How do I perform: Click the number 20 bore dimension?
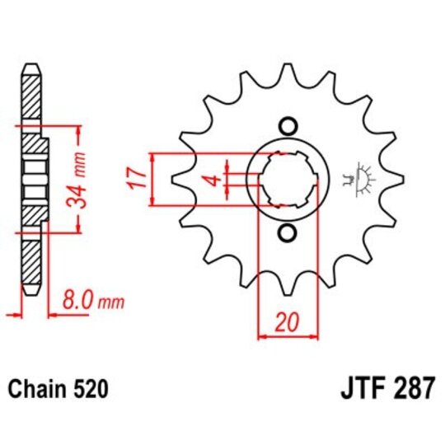(x=288, y=323)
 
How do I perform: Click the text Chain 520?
(x=57, y=388)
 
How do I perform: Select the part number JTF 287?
(x=386, y=388)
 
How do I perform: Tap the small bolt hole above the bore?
(x=288, y=126)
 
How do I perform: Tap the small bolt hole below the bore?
(x=288, y=232)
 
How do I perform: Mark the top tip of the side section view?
(x=30, y=66)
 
